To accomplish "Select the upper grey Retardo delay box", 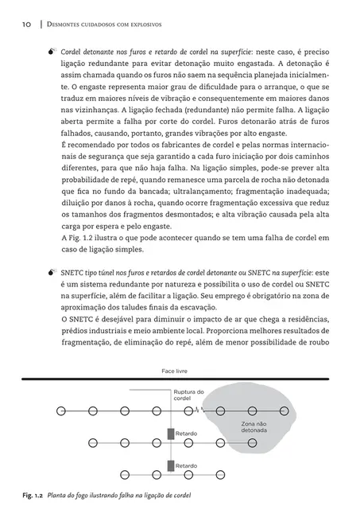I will tap(170, 434).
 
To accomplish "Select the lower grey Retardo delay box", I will tap(170, 465).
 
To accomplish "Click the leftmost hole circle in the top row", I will tap(60, 410).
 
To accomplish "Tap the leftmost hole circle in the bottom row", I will tap(60, 474).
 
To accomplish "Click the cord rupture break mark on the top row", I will tap(199, 410).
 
